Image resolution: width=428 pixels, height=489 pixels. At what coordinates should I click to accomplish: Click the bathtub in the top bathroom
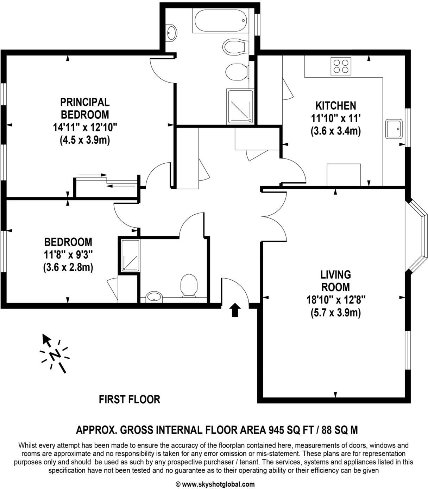pos(220,21)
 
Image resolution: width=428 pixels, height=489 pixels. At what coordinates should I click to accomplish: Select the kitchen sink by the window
pos(394,129)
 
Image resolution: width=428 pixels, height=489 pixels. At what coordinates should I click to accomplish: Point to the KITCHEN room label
pos(335,105)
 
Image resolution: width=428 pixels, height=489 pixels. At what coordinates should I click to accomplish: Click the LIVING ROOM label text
pos(336,280)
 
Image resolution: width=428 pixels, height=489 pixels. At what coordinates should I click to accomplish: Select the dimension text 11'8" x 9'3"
pos(68,255)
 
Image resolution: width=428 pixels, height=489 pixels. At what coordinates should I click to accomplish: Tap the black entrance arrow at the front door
pos(235,310)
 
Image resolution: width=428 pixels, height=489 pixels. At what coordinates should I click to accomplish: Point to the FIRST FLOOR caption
pos(130,399)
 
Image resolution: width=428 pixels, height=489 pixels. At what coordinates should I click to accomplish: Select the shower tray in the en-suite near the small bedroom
pos(131,255)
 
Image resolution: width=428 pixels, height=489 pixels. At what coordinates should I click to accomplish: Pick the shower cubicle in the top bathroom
pos(240,106)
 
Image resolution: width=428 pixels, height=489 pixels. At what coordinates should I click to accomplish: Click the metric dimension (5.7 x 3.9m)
pos(335,312)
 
